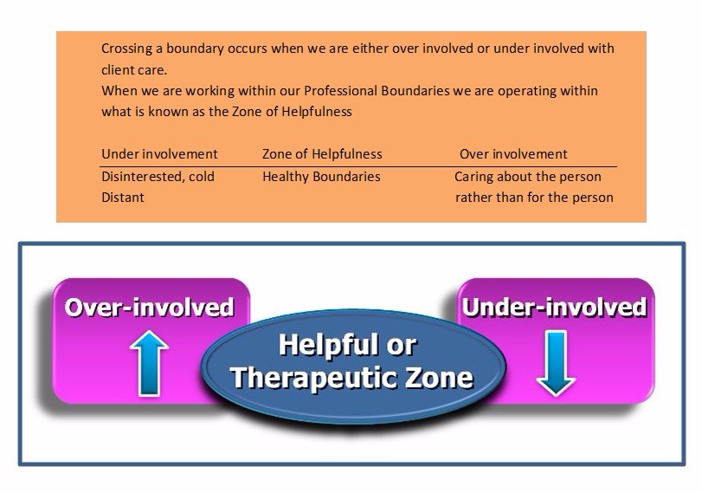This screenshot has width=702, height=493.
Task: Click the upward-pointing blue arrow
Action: [149, 363]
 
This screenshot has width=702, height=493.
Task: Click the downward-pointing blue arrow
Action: [556, 363]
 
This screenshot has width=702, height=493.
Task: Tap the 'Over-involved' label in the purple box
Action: [150, 308]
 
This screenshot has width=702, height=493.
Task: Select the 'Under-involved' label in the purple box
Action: [555, 308]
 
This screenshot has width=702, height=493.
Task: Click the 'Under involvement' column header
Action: [159, 154]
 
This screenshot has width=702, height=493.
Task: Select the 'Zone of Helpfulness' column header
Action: [322, 154]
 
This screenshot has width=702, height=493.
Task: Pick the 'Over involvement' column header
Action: [513, 154]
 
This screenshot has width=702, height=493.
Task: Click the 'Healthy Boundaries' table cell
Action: [321, 177]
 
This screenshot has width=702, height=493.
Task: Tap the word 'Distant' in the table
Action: [123, 198]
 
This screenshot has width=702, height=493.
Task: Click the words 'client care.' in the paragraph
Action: [134, 70]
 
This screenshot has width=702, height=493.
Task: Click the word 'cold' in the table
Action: [202, 177]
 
